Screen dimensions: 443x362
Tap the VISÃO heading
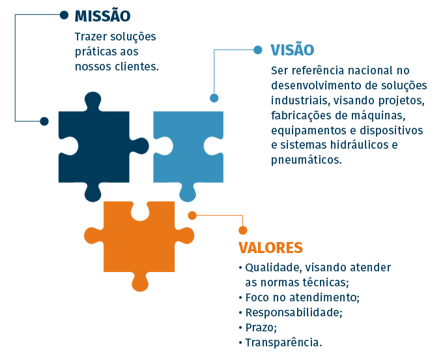click(x=293, y=50)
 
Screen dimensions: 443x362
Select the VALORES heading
click(x=270, y=248)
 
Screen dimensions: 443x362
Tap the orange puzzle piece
click(x=139, y=241)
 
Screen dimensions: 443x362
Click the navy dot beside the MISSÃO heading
click(x=64, y=15)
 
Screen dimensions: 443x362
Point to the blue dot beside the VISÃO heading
click(x=258, y=50)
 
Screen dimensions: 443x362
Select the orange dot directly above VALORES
click(x=243, y=230)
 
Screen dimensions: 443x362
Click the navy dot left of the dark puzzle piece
click(x=44, y=121)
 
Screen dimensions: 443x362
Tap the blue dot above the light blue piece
click(x=214, y=98)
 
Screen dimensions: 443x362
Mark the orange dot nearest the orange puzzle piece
click(x=192, y=215)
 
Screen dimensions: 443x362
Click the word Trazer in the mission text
click(x=91, y=37)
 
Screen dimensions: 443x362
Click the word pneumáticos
click(x=307, y=160)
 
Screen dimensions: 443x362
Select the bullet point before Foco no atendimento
click(x=240, y=298)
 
